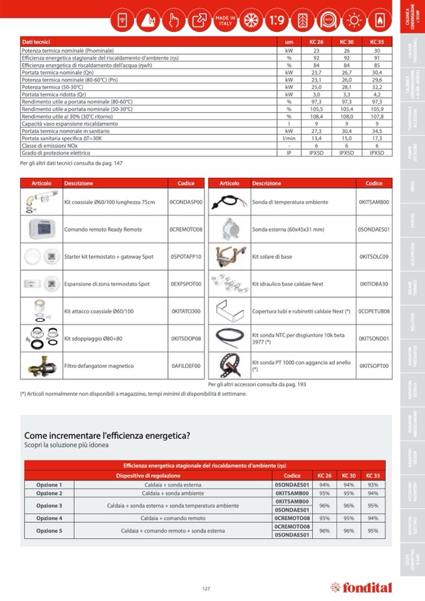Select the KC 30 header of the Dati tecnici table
[x=346, y=41]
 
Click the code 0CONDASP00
[x=186, y=202]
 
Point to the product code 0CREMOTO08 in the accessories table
[x=186, y=230]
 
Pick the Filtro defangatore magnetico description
[x=98, y=365]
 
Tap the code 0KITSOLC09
[x=374, y=257]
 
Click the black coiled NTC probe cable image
[x=229, y=338]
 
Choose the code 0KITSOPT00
[x=374, y=365]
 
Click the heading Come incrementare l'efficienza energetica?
[x=107, y=435]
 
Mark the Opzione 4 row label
[x=50, y=518]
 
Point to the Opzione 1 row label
[x=50, y=484]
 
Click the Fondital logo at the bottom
[x=361, y=587]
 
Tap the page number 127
[x=206, y=588]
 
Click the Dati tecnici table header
[x=36, y=41]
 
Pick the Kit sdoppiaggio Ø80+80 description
[x=93, y=338]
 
